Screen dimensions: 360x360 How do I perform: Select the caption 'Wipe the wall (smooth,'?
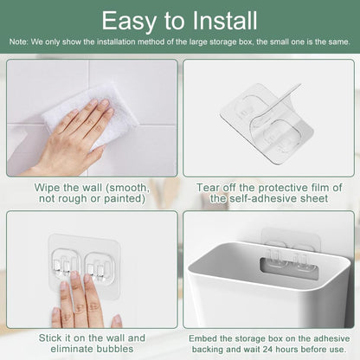pos(92,187)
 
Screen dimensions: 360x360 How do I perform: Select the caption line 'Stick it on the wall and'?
pos(90,337)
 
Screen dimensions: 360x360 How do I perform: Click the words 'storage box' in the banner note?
pos(233,42)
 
